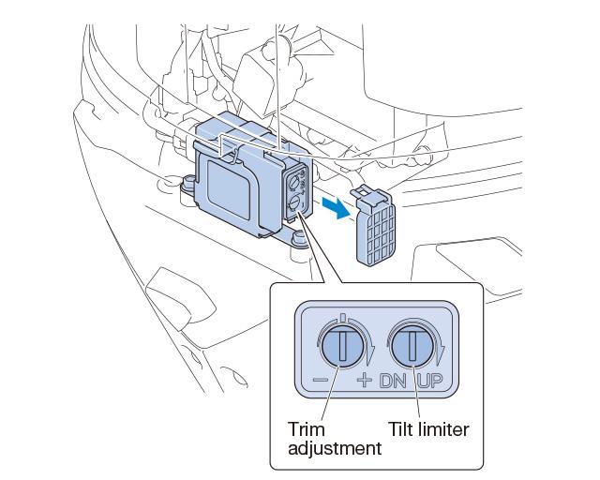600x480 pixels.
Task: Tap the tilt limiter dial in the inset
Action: (x=413, y=348)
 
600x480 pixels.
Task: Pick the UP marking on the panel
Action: (x=432, y=382)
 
